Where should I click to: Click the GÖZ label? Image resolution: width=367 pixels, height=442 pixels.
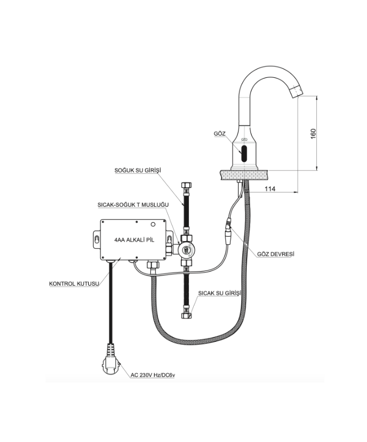[x=219, y=133]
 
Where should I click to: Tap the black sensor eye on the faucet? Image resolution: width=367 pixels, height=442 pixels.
[x=244, y=154]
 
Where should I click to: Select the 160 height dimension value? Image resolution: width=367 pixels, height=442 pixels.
[x=314, y=133]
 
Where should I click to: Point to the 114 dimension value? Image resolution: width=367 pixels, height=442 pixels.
[x=270, y=189]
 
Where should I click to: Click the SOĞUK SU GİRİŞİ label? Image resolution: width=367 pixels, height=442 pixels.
[x=138, y=170]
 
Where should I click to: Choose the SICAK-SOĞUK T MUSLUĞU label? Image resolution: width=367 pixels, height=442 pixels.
[x=133, y=205]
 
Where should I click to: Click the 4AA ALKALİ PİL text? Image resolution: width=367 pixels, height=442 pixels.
[x=134, y=240]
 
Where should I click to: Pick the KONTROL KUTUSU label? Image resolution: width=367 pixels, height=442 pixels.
[x=74, y=284]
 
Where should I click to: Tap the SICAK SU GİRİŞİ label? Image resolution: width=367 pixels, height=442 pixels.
[x=219, y=293]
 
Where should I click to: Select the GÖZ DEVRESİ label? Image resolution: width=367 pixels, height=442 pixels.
[x=276, y=254]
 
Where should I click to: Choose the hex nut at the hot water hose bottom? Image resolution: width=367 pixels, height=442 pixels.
[x=187, y=315]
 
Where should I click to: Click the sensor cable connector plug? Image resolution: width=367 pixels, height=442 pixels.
[x=228, y=231]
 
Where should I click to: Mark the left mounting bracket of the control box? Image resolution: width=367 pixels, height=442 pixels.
[x=96, y=240]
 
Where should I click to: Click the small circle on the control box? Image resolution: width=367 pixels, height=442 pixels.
[x=153, y=225]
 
